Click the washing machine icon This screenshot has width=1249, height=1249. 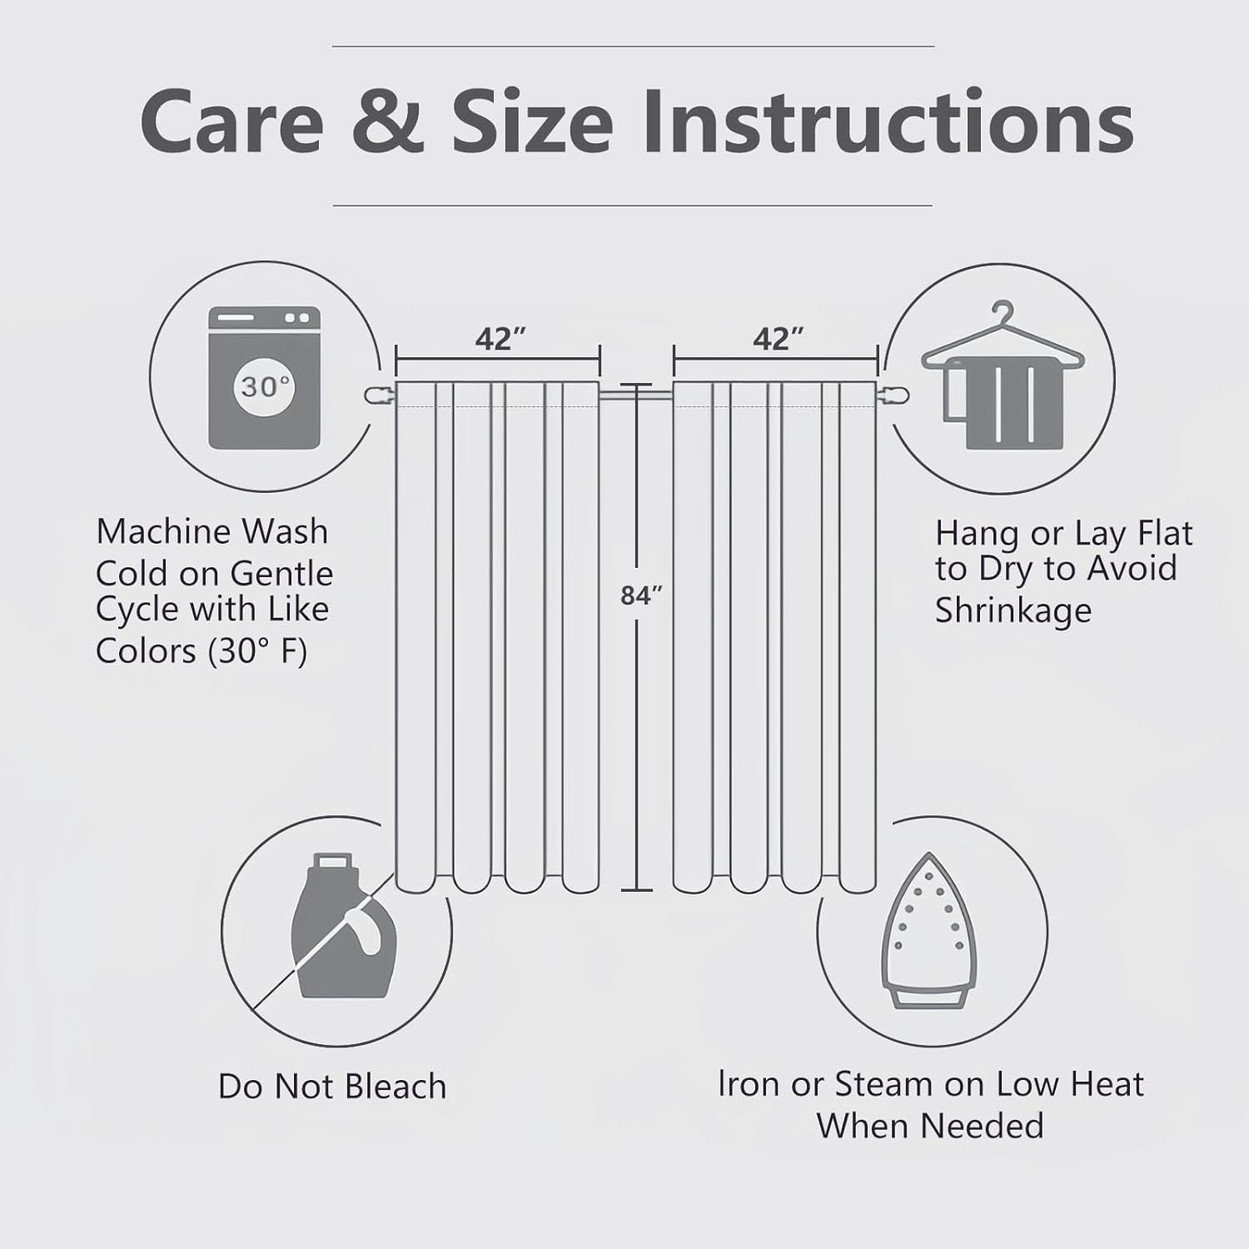[264, 378]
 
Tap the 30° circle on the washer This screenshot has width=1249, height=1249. [264, 387]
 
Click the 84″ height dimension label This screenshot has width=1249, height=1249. [641, 595]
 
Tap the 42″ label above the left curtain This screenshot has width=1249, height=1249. [500, 339]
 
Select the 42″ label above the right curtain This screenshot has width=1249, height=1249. [779, 339]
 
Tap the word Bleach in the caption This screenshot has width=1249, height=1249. [396, 1087]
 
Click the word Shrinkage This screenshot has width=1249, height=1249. [1013, 610]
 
